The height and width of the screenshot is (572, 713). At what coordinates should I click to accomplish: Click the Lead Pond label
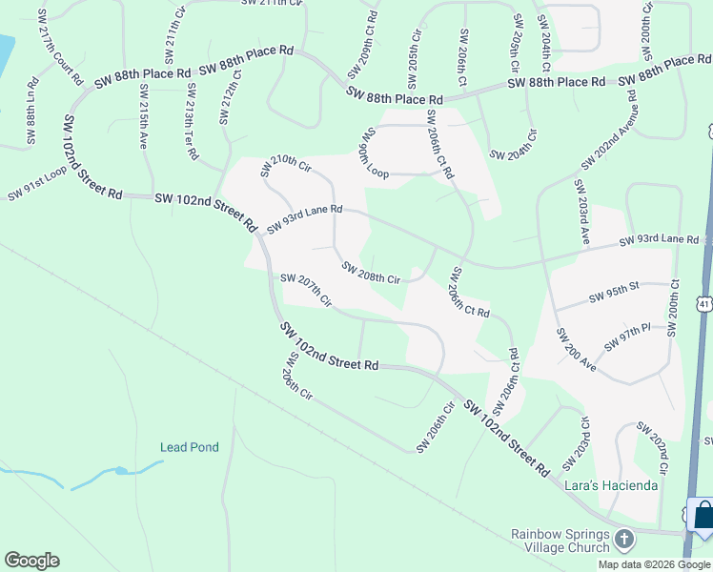pyautogui.click(x=189, y=447)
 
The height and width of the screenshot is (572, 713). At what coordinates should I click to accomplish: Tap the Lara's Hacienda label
pyautogui.click(x=611, y=485)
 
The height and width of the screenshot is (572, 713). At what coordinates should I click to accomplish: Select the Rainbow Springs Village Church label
pyautogui.click(x=560, y=541)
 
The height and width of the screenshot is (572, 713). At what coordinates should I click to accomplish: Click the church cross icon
pyautogui.click(x=624, y=540)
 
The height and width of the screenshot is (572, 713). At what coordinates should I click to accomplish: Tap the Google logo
pyautogui.click(x=31, y=561)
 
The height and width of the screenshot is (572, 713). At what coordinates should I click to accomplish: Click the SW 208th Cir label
pyautogui.click(x=372, y=272)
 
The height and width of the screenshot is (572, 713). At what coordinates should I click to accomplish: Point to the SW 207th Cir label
pyautogui.click(x=306, y=290)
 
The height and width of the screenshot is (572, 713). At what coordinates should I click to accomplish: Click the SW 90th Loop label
pyautogui.click(x=373, y=153)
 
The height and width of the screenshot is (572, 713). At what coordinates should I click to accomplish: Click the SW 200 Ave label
pyautogui.click(x=576, y=349)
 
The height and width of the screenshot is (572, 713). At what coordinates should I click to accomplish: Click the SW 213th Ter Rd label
pyautogui.click(x=192, y=121)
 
